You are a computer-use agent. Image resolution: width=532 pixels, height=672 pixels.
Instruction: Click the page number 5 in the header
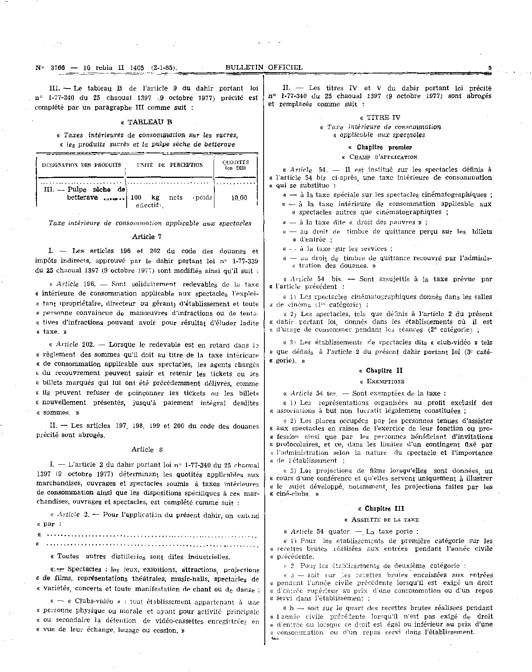click(x=490, y=68)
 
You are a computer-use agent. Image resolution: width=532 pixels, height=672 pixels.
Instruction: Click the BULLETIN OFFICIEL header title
click(x=264, y=68)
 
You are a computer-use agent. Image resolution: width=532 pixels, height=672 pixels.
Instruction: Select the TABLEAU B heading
click(x=147, y=122)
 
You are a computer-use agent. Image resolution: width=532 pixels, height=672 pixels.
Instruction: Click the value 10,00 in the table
click(x=239, y=198)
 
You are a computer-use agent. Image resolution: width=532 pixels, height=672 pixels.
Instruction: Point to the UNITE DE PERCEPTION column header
click(x=170, y=165)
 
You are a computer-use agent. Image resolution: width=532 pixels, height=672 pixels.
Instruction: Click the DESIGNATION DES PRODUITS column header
click(x=81, y=165)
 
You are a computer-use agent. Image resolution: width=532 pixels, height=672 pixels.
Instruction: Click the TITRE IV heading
click(x=380, y=118)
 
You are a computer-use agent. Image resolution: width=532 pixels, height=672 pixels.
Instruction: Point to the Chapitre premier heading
click(x=380, y=147)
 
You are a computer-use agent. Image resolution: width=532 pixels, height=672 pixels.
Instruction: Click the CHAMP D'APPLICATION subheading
click(x=381, y=157)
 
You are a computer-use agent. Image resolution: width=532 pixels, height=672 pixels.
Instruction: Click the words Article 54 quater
click(x=320, y=531)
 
